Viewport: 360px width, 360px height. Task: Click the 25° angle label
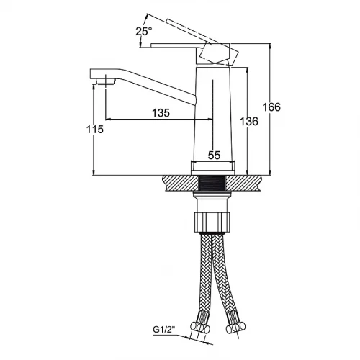[x=144, y=32]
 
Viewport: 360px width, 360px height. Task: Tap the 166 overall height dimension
[x=271, y=107]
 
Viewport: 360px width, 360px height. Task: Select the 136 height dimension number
[x=249, y=122]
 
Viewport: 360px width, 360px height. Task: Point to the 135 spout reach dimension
[x=161, y=113]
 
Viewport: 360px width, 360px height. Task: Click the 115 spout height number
[x=95, y=130]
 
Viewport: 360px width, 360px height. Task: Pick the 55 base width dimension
[x=214, y=156]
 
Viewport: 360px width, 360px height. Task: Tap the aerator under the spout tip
[x=105, y=81]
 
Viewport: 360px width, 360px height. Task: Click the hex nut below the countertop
[x=212, y=222]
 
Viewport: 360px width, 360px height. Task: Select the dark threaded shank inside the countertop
[x=212, y=184]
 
